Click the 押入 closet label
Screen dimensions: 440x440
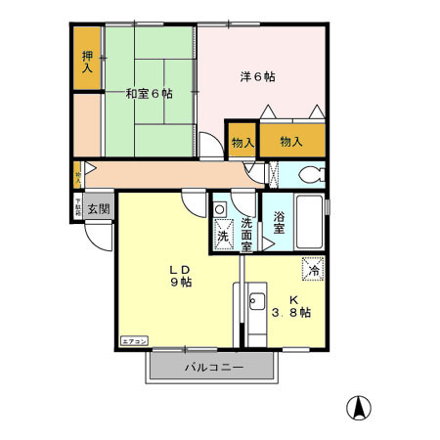click(86, 64)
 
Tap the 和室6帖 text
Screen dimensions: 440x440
click(149, 94)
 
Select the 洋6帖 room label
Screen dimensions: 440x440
click(258, 76)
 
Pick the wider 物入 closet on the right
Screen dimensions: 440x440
click(291, 142)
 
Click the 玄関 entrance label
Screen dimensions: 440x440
click(98, 208)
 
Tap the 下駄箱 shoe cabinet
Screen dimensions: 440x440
click(77, 207)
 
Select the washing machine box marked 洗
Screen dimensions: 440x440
click(222, 236)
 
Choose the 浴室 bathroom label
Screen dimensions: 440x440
click(279, 223)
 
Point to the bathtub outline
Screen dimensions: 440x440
click(308, 225)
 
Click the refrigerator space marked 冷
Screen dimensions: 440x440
click(314, 265)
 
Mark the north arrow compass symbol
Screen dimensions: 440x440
click(359, 408)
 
